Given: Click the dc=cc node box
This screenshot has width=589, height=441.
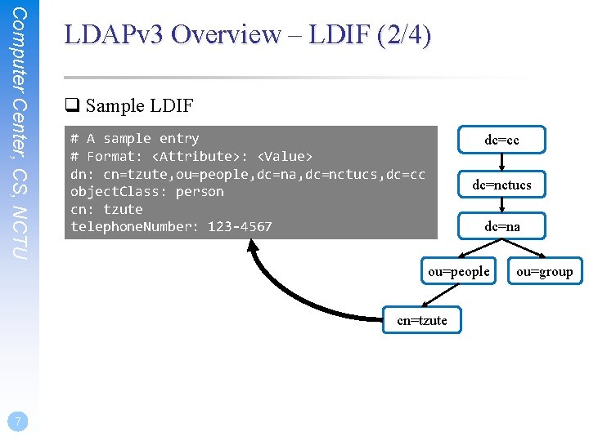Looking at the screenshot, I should coord(501,140).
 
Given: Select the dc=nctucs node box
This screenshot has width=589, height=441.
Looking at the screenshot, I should coord(501,185).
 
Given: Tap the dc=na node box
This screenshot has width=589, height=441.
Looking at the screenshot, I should coord(501,226).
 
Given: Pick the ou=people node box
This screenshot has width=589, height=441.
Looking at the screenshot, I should coord(458,271).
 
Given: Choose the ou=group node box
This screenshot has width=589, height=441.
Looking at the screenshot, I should coord(545,271).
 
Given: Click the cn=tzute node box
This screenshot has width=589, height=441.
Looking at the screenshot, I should coord(421,320).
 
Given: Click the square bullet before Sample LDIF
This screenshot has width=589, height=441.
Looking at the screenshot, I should coord(71,105).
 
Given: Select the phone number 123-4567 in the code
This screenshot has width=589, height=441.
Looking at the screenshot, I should coord(240,226).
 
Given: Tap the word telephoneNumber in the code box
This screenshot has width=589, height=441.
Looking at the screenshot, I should coord(131,226).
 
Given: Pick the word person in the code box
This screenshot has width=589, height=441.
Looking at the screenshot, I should coord(199,192).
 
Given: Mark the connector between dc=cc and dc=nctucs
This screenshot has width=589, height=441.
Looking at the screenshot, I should coord(501,163).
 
